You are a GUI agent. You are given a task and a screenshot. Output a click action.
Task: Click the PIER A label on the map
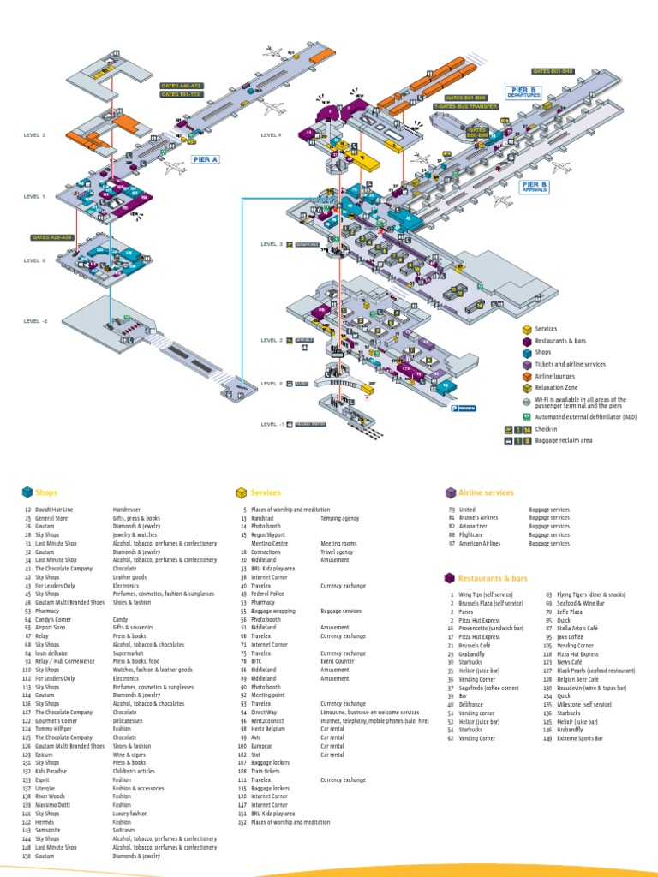point(206,159)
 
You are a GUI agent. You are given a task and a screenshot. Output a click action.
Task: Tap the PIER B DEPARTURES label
point(523,92)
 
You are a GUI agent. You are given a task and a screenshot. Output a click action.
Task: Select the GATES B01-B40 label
point(553,71)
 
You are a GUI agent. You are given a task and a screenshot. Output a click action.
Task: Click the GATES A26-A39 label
point(52,237)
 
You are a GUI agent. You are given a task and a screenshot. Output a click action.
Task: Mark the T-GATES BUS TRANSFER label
point(465,106)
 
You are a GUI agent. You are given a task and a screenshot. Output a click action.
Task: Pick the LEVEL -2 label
point(35,321)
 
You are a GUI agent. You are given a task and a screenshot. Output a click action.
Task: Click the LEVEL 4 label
point(271,135)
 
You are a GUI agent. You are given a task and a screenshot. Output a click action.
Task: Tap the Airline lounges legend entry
point(554,376)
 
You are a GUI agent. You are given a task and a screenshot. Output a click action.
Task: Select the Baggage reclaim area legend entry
point(565,440)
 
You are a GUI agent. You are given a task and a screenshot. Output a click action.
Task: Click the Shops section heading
point(47,493)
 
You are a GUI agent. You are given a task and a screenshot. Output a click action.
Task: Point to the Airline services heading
point(486,493)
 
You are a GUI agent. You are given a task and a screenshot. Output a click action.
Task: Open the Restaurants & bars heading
point(493,578)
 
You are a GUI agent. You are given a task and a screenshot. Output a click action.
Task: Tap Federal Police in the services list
point(267,594)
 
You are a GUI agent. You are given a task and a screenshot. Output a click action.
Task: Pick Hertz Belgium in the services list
point(270,729)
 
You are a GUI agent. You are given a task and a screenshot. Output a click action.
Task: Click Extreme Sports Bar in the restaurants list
point(578,737)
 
